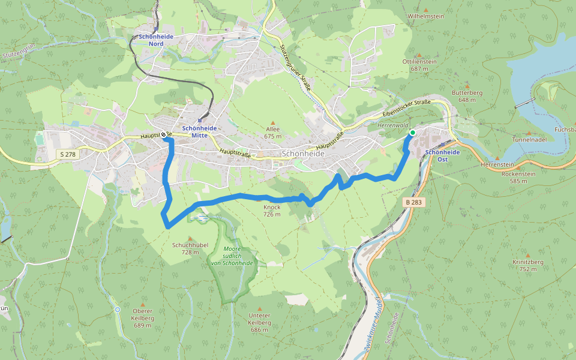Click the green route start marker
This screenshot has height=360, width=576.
click(x=412, y=132)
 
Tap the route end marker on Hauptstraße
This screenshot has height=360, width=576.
click(x=163, y=135)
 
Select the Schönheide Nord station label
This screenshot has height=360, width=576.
click(x=155, y=40)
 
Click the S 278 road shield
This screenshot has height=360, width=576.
click(x=68, y=155)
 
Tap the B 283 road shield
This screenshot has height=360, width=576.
click(x=414, y=203)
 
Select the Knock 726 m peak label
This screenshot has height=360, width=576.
click(x=272, y=211)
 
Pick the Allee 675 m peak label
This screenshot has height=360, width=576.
click(x=273, y=133)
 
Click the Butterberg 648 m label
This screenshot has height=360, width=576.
click(x=467, y=96)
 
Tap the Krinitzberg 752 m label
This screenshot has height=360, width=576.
click(x=528, y=265)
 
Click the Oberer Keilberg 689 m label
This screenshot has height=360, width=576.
click(x=143, y=322)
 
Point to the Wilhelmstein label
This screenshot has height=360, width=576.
click(x=425, y=16)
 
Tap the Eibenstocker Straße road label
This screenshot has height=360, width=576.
click(x=406, y=109)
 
